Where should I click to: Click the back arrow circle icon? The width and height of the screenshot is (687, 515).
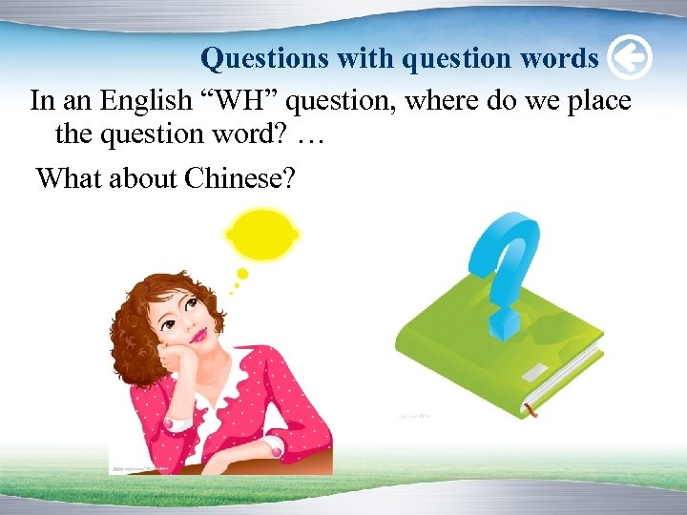(629, 59)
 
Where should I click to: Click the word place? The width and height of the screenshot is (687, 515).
(593, 100)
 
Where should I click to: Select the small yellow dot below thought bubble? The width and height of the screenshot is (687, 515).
(241, 274)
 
